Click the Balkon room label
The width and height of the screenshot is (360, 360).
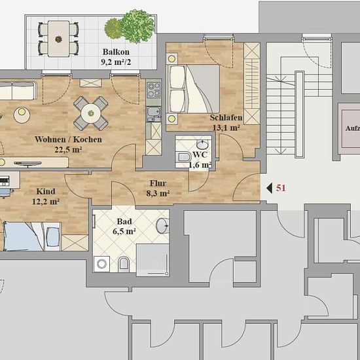click(116, 52)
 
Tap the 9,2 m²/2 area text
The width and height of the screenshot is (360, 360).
click(116, 62)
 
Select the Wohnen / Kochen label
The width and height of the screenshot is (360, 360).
click(68, 139)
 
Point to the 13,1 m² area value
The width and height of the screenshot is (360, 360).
click(226, 128)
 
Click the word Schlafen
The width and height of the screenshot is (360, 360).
click(226, 118)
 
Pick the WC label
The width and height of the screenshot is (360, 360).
click(200, 154)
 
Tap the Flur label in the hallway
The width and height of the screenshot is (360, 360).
click(158, 183)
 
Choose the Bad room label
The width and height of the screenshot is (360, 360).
click(124, 221)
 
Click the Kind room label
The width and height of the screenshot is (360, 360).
click(46, 192)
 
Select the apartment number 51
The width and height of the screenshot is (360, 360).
click(281, 188)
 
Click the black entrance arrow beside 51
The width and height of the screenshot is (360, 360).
click(269, 189)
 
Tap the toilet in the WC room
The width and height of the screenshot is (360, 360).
click(183, 157)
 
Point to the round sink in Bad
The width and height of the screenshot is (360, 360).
click(162, 226)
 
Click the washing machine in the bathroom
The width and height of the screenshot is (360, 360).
click(101, 264)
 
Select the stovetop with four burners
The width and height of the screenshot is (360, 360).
click(154, 90)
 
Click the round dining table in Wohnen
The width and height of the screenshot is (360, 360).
click(91, 113)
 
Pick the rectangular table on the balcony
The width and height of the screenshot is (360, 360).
click(58, 39)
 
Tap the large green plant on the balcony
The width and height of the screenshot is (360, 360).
click(137, 26)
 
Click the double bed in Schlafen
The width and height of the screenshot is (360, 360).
click(193, 89)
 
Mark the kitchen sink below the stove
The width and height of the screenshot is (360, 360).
click(154, 114)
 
